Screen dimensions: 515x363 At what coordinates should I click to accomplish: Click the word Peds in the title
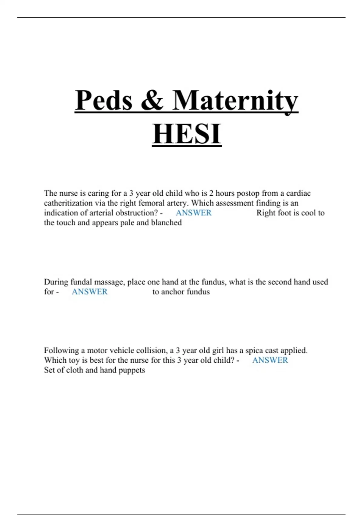(x=103, y=101)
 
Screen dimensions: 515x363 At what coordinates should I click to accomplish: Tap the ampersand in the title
(x=152, y=101)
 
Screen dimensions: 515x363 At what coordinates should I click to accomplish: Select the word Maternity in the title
(x=235, y=101)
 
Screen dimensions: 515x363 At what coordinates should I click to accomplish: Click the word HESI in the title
(x=187, y=134)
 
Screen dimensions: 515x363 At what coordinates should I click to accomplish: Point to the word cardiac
(x=298, y=193)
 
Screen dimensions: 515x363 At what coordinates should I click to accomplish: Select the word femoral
(x=151, y=203)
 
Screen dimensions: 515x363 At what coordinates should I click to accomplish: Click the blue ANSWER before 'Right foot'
(x=194, y=213)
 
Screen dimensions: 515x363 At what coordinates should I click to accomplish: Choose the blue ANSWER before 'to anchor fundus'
(x=90, y=292)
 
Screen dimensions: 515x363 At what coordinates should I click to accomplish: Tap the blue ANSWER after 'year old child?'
(x=270, y=360)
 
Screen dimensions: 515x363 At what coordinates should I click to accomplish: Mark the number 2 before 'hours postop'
(x=211, y=193)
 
